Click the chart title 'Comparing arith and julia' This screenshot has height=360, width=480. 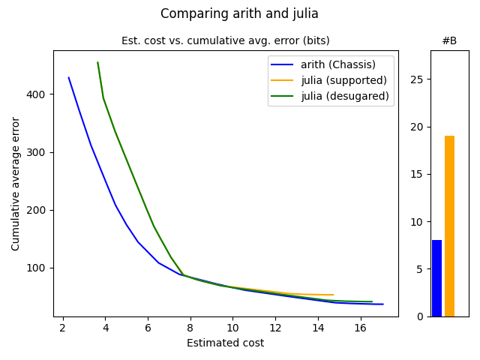point(239,13)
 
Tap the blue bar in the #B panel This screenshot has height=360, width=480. point(436,278)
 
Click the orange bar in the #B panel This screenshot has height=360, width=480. point(449,226)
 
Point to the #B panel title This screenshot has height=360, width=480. point(449,40)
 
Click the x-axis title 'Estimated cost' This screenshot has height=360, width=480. point(225,343)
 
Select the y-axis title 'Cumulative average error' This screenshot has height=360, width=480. point(16,183)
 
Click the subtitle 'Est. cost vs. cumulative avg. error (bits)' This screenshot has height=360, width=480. point(225,40)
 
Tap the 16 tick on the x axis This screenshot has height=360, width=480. point(360,327)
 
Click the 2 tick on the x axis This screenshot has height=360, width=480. point(63,327)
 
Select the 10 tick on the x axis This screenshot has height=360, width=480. point(232,327)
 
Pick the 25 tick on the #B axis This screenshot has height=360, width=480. point(418,79)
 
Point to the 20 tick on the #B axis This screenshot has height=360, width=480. point(418,127)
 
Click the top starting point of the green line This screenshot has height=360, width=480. point(97,62)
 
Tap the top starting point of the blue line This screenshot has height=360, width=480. point(68,77)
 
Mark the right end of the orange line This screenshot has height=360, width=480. point(334,295)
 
